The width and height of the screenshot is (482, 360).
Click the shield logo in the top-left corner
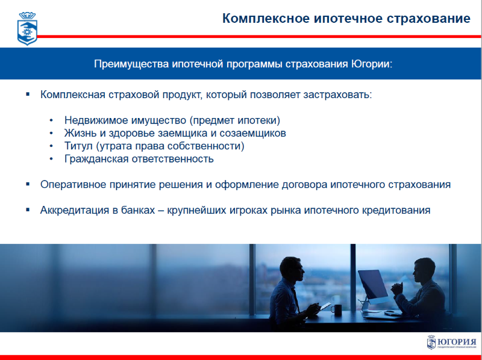(x=27, y=28)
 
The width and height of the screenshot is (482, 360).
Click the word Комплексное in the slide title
(x=266, y=19)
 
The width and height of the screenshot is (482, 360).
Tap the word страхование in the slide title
(x=428, y=19)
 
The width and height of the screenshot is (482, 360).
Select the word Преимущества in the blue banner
(x=131, y=64)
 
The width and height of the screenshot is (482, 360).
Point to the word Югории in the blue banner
(x=372, y=64)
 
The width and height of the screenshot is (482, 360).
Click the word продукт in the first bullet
(x=182, y=95)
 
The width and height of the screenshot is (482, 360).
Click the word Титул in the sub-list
(x=78, y=146)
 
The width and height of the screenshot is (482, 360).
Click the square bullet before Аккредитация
(x=28, y=209)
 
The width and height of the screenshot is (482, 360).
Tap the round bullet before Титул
(x=51, y=146)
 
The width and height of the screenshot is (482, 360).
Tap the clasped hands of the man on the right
(x=397, y=289)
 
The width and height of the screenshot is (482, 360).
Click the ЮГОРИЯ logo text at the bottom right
(x=457, y=342)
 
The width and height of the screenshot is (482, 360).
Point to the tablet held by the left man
(x=325, y=306)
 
